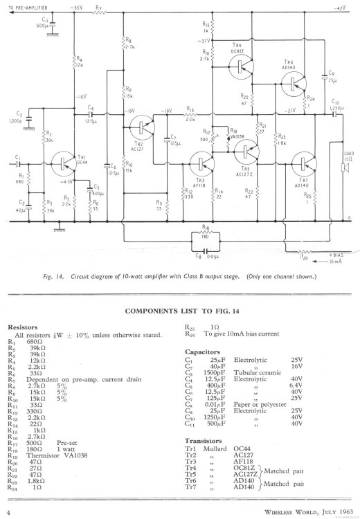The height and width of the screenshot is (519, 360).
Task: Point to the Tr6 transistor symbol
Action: pyautogui.click(x=294, y=83)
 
